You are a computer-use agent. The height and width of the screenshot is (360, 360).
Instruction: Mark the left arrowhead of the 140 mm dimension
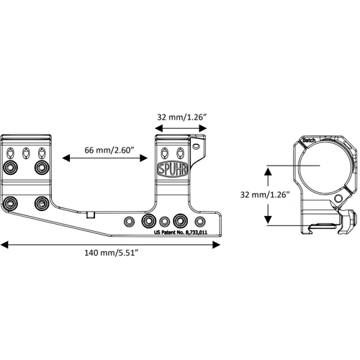[x=6, y=245]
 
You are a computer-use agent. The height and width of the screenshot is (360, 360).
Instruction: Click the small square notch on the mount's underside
[x=89, y=215]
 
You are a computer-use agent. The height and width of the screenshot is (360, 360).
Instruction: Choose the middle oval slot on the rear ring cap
[x=27, y=153]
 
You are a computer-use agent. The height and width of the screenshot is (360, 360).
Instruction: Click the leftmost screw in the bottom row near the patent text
[x=130, y=220]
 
